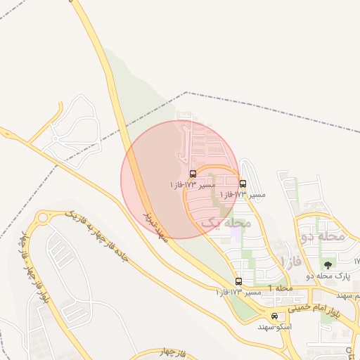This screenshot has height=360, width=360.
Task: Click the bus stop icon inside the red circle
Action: pyautogui.click(x=193, y=174)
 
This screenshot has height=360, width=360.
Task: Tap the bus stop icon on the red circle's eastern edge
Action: pyautogui.click(x=243, y=184)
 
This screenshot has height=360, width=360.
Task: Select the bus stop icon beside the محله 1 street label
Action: pyautogui.click(x=238, y=281)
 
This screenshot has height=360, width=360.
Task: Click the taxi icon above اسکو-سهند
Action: pyautogui.click(x=274, y=316)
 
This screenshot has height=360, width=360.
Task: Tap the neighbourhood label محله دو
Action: pyautogui.click(x=323, y=236)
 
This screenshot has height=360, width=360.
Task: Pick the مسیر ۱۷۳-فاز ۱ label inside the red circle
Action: pyautogui.click(x=189, y=184)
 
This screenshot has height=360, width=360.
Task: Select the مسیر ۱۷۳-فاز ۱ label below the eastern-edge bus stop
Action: pyautogui.click(x=243, y=194)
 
